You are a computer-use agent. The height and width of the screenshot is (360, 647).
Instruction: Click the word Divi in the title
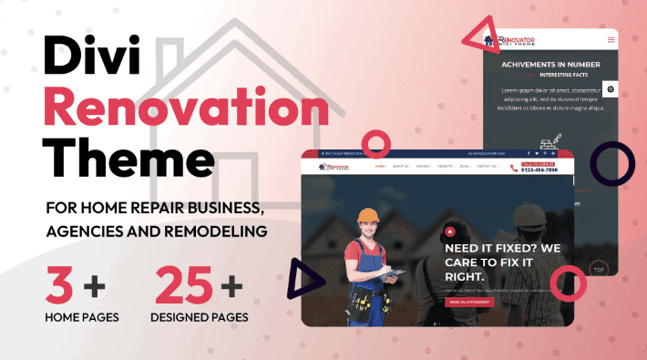tap(87, 62)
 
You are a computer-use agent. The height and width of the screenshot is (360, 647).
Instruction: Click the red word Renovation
tap(186, 111)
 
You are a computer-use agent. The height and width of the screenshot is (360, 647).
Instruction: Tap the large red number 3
tap(60, 286)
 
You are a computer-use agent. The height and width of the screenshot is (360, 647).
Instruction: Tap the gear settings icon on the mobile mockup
tap(611, 88)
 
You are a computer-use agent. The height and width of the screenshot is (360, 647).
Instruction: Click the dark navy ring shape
tap(612, 165)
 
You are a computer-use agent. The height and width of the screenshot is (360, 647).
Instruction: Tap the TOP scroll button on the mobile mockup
tap(599, 270)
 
